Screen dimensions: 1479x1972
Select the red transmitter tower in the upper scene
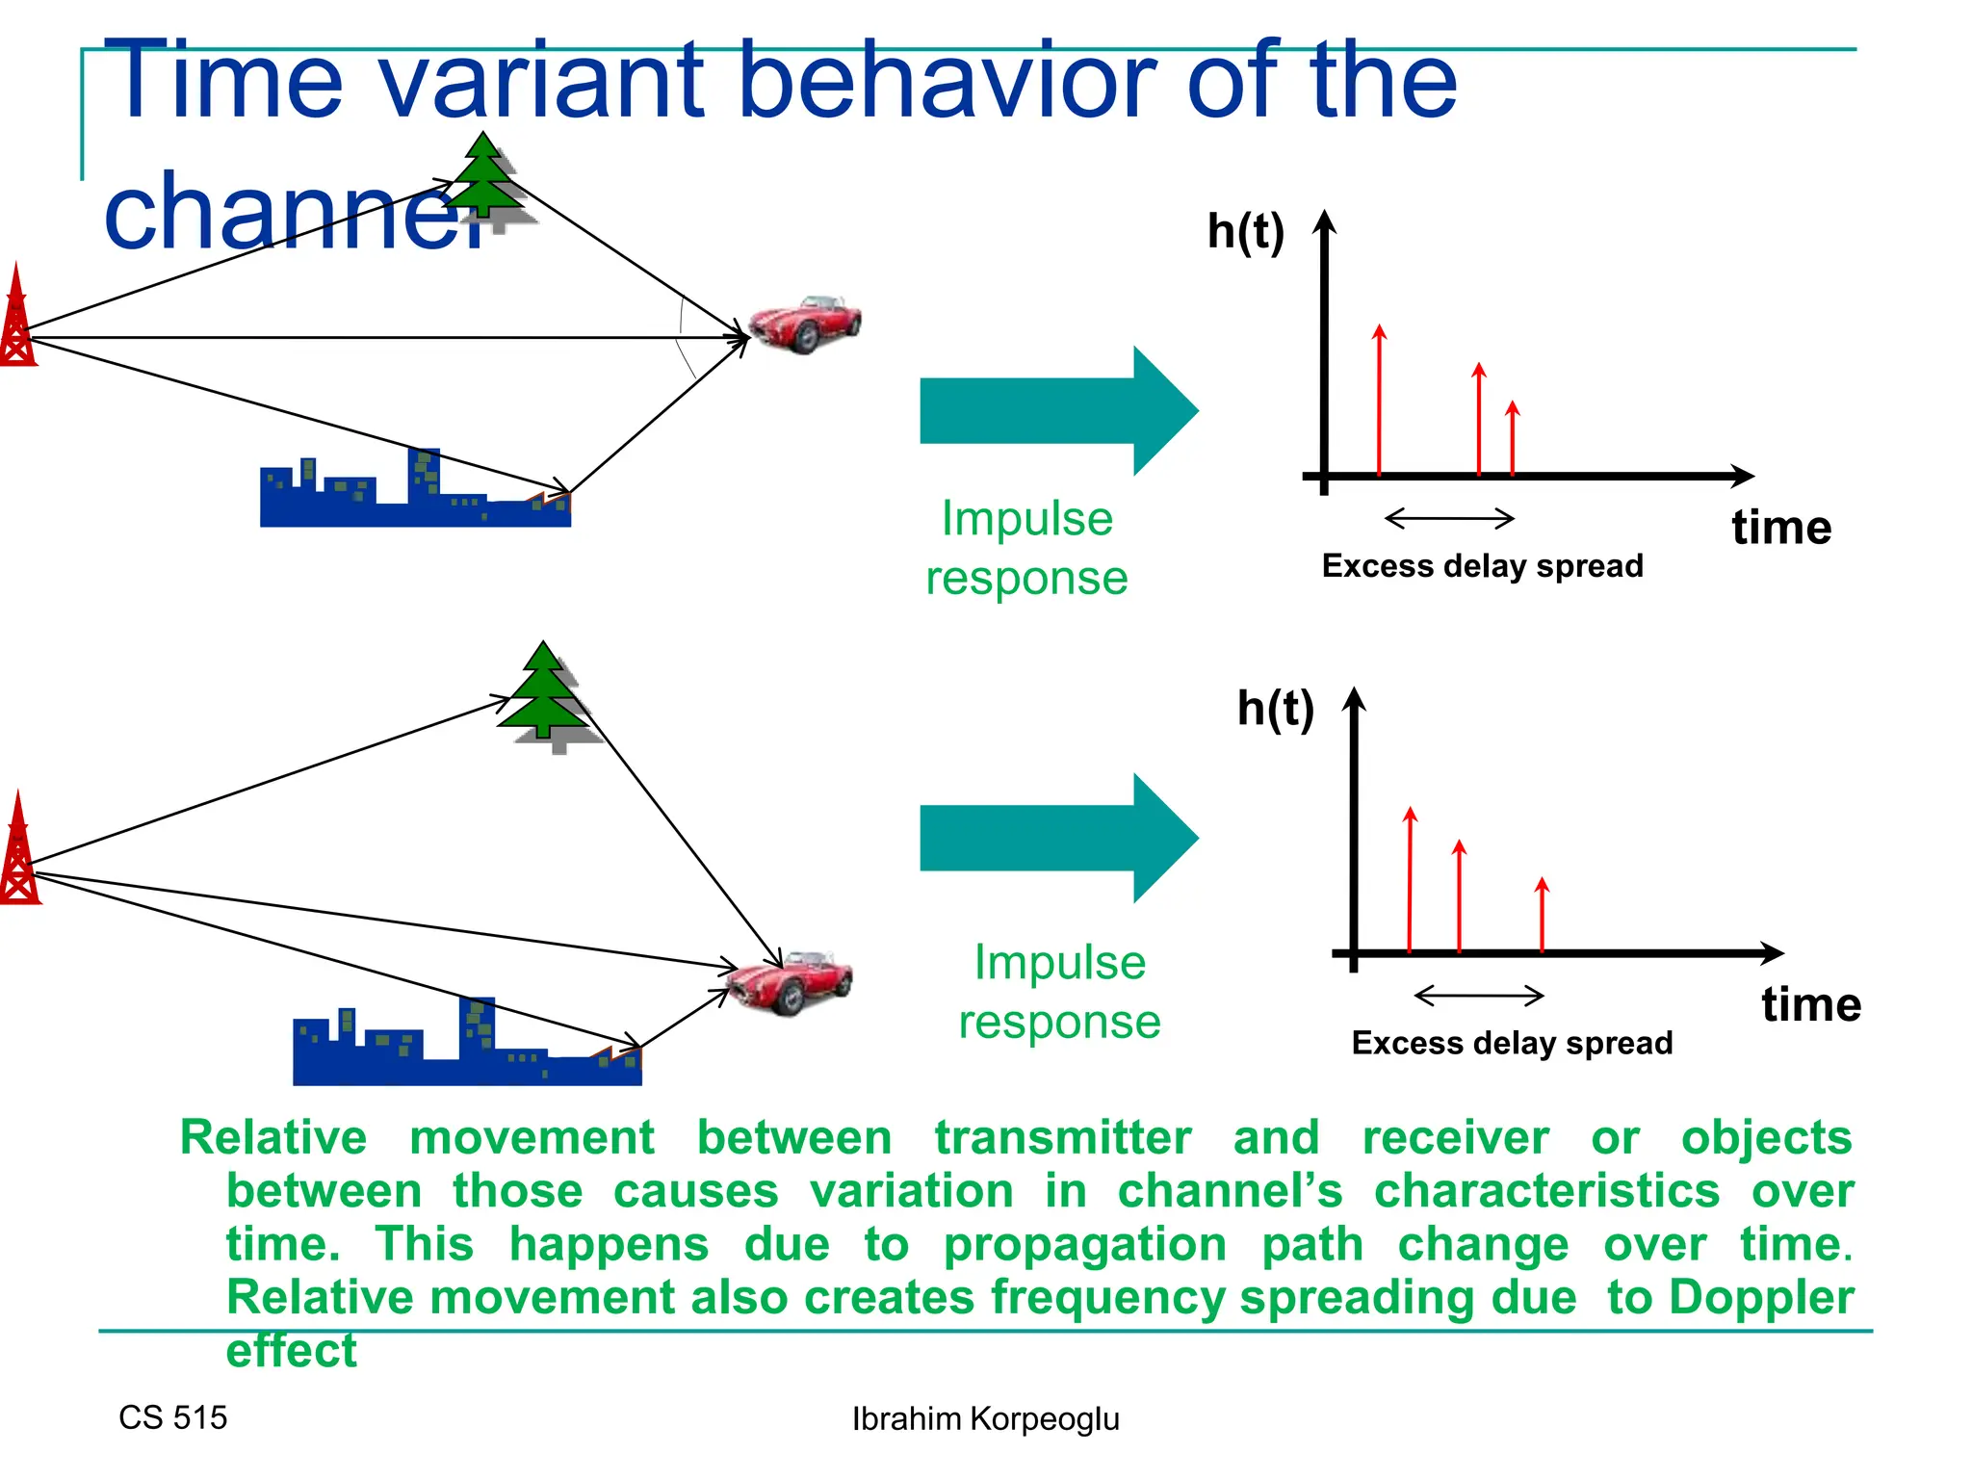(16, 318)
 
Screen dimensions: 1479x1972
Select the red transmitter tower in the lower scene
(18, 851)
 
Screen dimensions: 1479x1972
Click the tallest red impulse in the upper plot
(1379, 401)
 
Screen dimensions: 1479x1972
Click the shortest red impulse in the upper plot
(1512, 438)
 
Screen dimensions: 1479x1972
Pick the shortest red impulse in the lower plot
(1542, 915)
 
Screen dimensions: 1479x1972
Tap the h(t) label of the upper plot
(1245, 232)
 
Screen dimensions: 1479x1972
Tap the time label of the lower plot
(1810, 1004)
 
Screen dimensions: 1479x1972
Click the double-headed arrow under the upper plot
(1449, 519)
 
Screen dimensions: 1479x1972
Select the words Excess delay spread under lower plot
(1512, 1043)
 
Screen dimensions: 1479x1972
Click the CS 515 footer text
(172, 1417)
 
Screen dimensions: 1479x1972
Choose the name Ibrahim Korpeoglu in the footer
(985, 1418)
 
